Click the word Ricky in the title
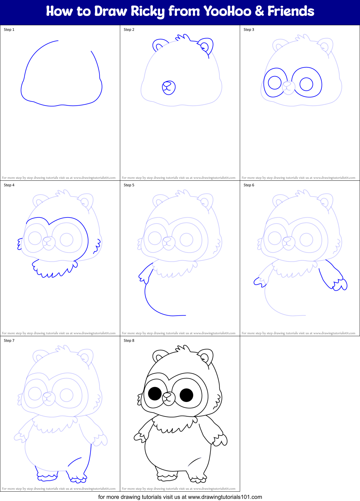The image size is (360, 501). tap(147, 12)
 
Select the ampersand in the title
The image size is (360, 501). tap(259, 12)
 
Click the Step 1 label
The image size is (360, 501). tap(9, 30)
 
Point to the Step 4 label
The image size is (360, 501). tap(9, 185)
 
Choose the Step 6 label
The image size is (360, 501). tap(249, 185)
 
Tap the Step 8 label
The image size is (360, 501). tap(129, 341)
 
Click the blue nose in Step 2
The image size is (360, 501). tap(169, 88)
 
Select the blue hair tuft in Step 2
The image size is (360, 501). tap(183, 38)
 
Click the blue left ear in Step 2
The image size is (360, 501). tap(159, 45)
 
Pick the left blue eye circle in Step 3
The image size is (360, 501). tap(275, 83)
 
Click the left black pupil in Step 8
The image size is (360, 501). tap(155, 394)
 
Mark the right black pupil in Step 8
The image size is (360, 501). tap(187, 395)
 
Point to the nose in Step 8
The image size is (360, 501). tap(167, 396)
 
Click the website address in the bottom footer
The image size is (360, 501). tap(225, 497)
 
